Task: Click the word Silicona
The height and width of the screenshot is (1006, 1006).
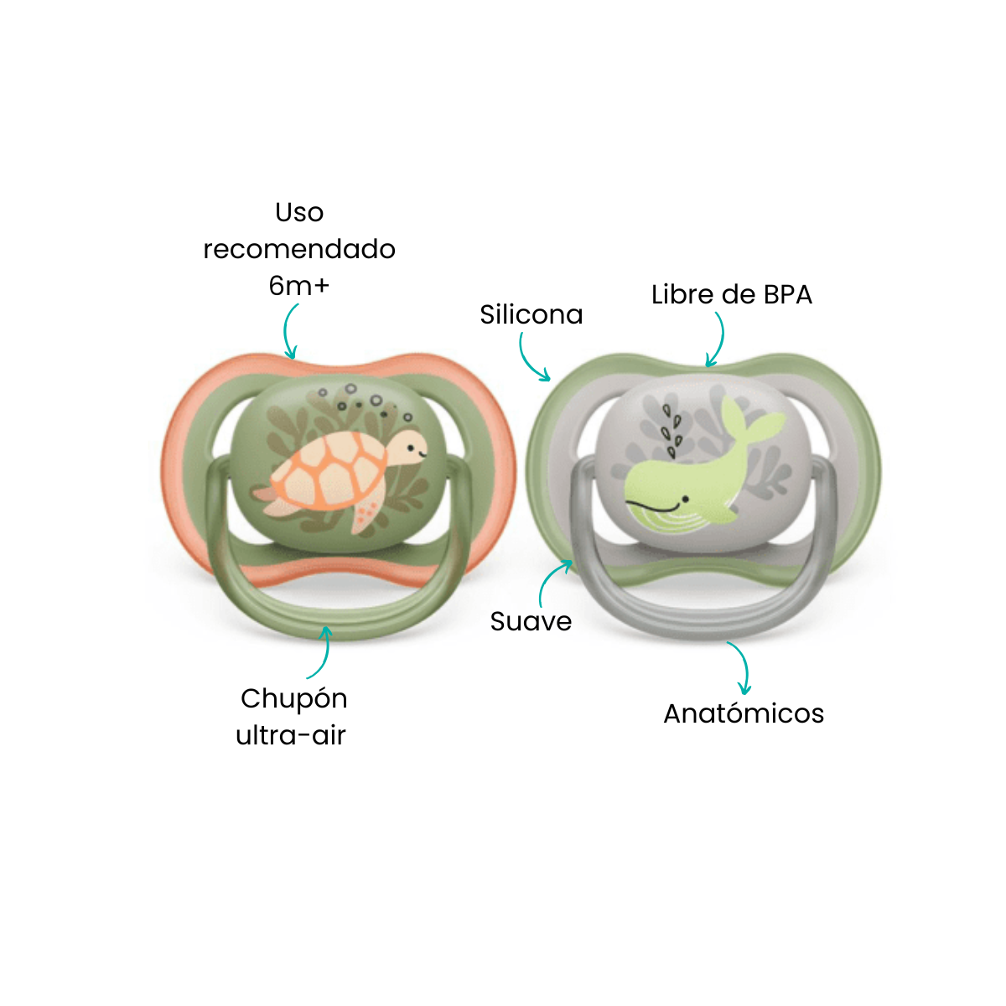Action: tap(531, 314)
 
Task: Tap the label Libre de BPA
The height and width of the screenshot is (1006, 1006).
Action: tap(731, 294)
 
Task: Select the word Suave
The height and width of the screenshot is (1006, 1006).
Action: tap(531, 621)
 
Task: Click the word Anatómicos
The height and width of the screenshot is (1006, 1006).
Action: tap(744, 713)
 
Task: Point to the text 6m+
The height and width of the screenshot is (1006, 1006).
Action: tap(299, 286)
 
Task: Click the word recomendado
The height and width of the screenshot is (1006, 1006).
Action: tap(299, 249)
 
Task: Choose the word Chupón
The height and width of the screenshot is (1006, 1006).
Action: tap(294, 699)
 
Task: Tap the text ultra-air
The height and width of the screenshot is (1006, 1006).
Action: tap(291, 735)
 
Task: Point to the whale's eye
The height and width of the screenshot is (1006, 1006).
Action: tap(686, 500)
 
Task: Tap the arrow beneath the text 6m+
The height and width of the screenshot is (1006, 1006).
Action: tap(288, 331)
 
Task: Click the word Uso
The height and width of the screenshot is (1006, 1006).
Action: tap(299, 212)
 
